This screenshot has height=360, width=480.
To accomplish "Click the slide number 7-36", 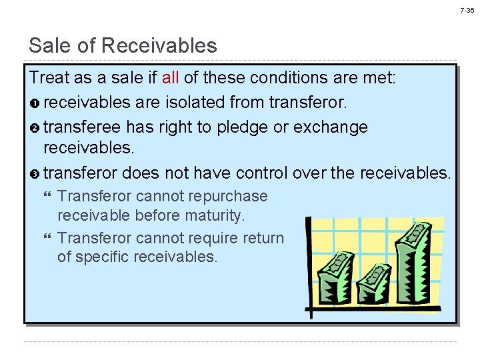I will (x=467, y=11).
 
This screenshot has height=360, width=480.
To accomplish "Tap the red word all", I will (x=170, y=77).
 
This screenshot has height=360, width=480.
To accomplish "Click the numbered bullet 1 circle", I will (x=35, y=103).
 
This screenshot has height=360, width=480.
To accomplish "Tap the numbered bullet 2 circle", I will (x=35, y=127).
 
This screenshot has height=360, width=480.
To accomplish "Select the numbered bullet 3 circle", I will (x=35, y=174).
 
